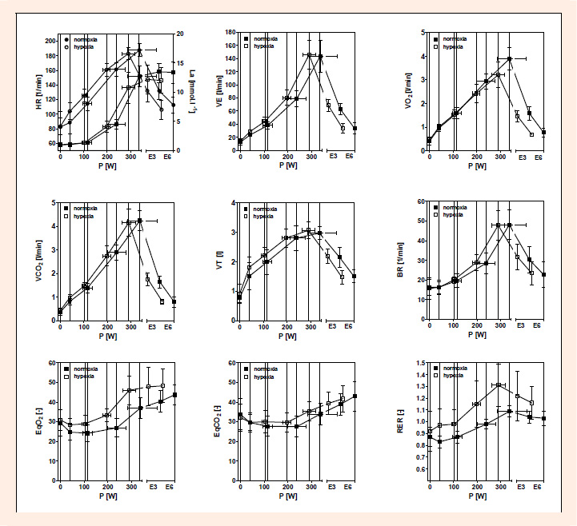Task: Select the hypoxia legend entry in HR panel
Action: pos(86,46)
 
